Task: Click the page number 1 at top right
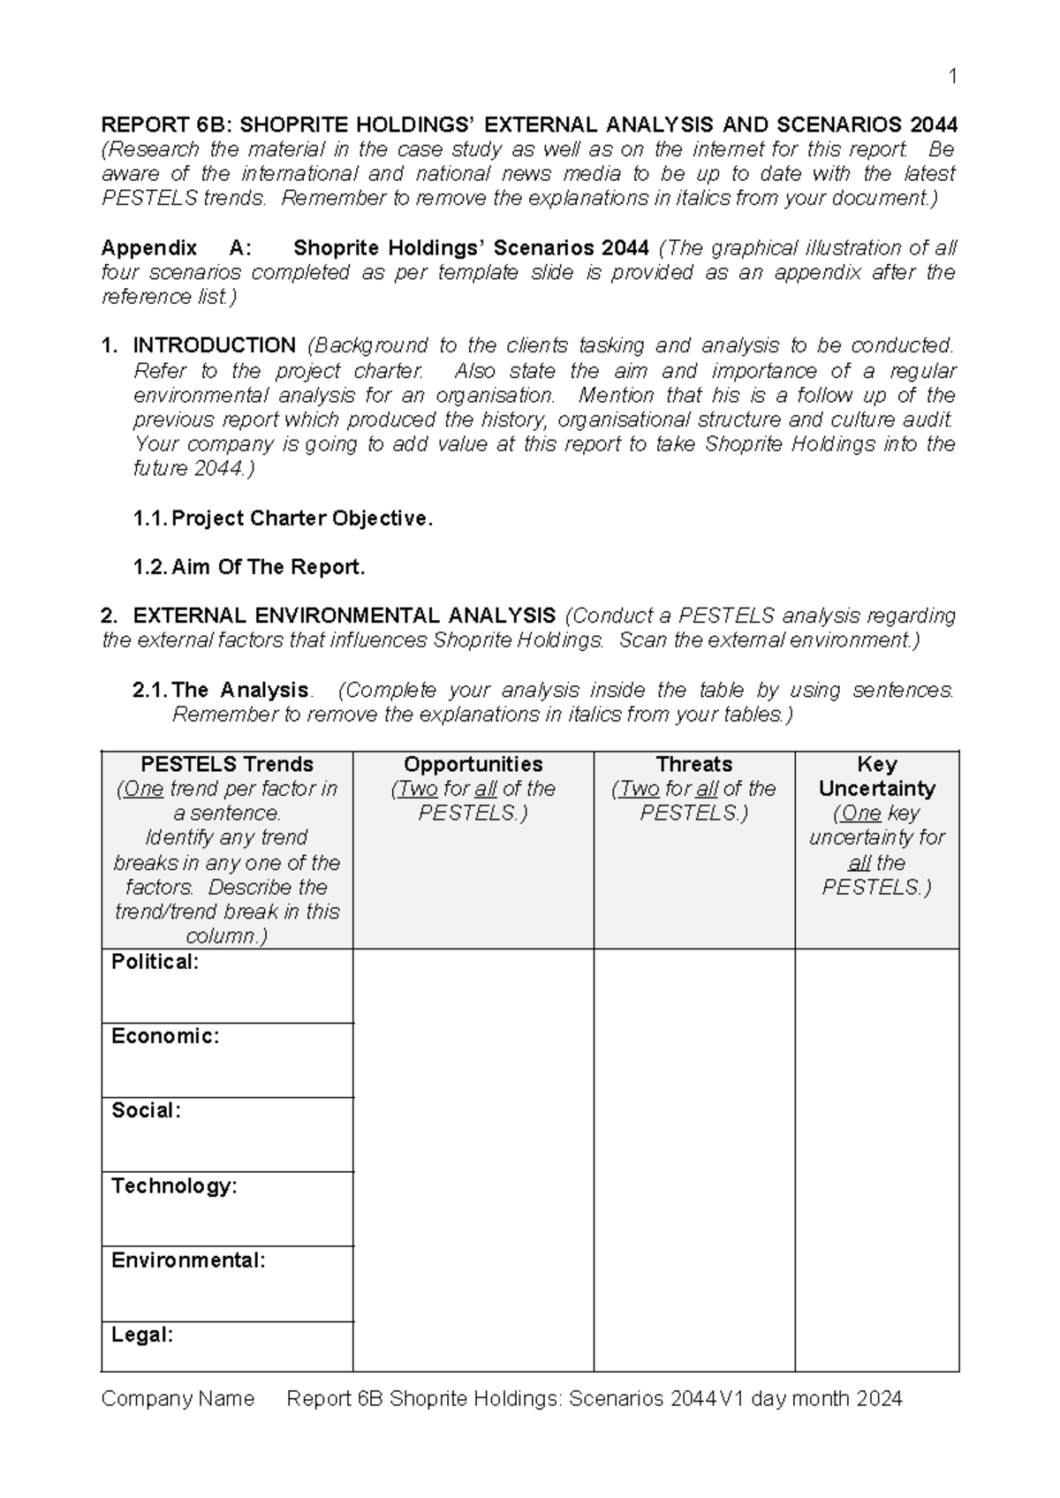pyautogui.click(x=952, y=77)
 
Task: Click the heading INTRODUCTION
pyautogui.click(x=214, y=345)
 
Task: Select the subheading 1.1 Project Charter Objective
pyautogui.click(x=283, y=518)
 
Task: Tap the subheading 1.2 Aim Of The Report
pyautogui.click(x=249, y=567)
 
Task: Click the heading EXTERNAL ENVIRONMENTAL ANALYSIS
pyautogui.click(x=344, y=615)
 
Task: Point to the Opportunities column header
pyautogui.click(x=473, y=764)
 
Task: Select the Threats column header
pyautogui.click(x=693, y=764)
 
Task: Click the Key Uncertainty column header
pyautogui.click(x=876, y=776)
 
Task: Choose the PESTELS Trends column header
pyautogui.click(x=227, y=764)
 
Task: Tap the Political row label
pyautogui.click(x=155, y=962)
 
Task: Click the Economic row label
pyautogui.click(x=164, y=1036)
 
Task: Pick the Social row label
pyautogui.click(x=146, y=1110)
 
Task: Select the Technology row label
pyautogui.click(x=174, y=1185)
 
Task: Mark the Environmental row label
pyautogui.click(x=187, y=1260)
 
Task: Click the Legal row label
pyautogui.click(x=141, y=1335)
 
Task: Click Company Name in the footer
pyautogui.click(x=178, y=1398)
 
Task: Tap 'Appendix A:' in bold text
pyautogui.click(x=177, y=248)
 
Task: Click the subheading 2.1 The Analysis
pyautogui.click(x=221, y=690)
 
